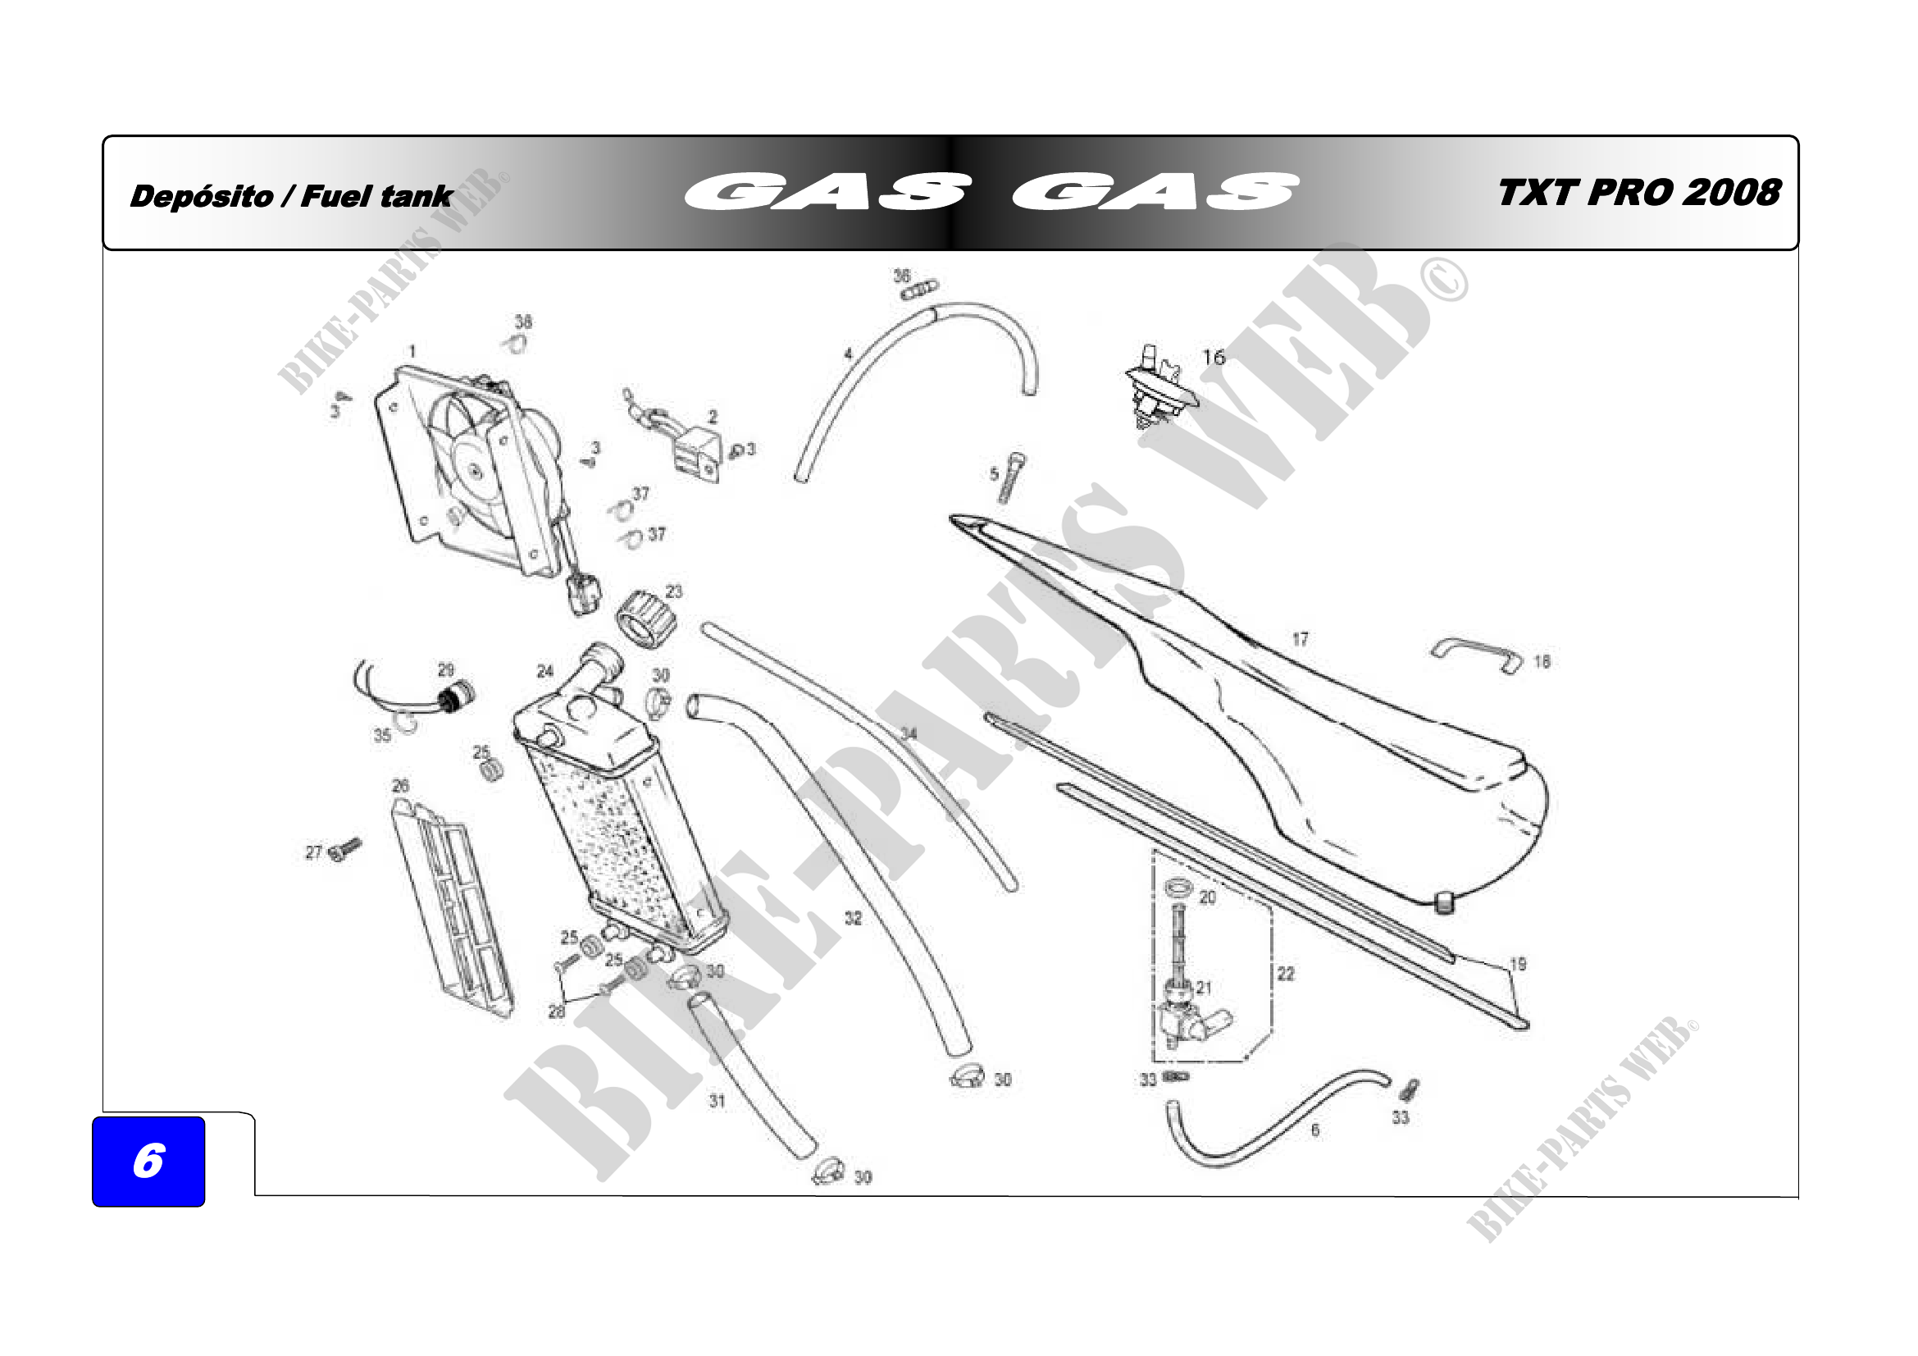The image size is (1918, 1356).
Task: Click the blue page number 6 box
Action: (148, 1161)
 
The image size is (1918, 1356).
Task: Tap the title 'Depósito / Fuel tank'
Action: (291, 197)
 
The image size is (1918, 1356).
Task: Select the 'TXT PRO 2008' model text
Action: (1638, 193)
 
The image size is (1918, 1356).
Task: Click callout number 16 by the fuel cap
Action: (1213, 358)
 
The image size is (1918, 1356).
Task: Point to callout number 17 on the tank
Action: (1300, 639)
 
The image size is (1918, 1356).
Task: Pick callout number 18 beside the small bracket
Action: (1542, 662)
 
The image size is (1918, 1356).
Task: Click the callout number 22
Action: (1286, 974)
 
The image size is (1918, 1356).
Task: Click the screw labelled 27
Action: (345, 850)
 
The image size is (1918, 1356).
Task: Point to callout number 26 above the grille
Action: (400, 786)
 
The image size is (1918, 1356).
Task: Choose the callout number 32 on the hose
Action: (852, 918)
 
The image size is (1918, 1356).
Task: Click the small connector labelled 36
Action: (920, 289)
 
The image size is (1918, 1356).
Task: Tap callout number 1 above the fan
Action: (412, 351)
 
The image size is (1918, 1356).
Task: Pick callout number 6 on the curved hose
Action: (1314, 1130)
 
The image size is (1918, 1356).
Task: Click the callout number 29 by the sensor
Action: (446, 670)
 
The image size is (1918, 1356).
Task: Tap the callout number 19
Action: (1518, 964)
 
